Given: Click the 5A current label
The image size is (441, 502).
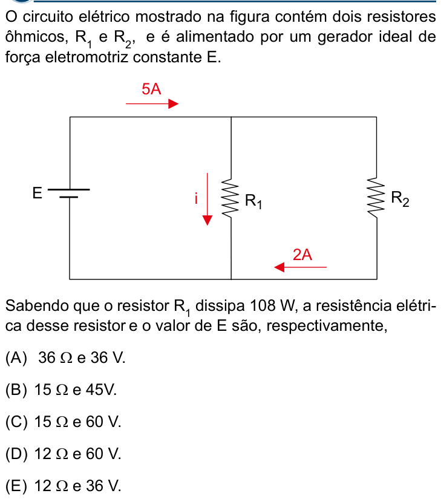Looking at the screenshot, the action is [151, 89].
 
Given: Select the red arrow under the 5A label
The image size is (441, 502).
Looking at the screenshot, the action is [152, 104].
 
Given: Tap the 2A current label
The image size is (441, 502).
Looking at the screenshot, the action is [302, 255].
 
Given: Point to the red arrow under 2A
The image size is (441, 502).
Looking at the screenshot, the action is [301, 267].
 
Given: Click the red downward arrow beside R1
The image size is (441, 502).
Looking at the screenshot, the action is [207, 199].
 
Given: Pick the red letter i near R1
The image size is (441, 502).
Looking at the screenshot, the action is [196, 198].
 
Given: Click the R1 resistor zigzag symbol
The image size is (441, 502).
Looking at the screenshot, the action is [231, 198].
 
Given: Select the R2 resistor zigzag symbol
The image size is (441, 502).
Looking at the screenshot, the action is [377, 198].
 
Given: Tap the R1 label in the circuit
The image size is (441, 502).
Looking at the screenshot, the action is [253, 201].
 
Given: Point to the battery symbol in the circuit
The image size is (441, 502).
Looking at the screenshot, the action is [69, 193].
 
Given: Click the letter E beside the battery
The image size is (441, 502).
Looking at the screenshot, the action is [37, 193].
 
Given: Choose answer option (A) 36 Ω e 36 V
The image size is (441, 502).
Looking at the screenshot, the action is [65, 357].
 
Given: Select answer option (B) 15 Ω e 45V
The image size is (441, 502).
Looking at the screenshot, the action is [61, 390].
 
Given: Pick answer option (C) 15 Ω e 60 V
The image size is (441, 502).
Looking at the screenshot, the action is [64, 422].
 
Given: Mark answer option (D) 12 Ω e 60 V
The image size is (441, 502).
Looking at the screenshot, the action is [64, 454].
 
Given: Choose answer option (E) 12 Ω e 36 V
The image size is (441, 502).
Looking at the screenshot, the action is [64, 486].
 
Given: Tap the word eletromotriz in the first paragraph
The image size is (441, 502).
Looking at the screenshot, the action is [87, 57].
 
